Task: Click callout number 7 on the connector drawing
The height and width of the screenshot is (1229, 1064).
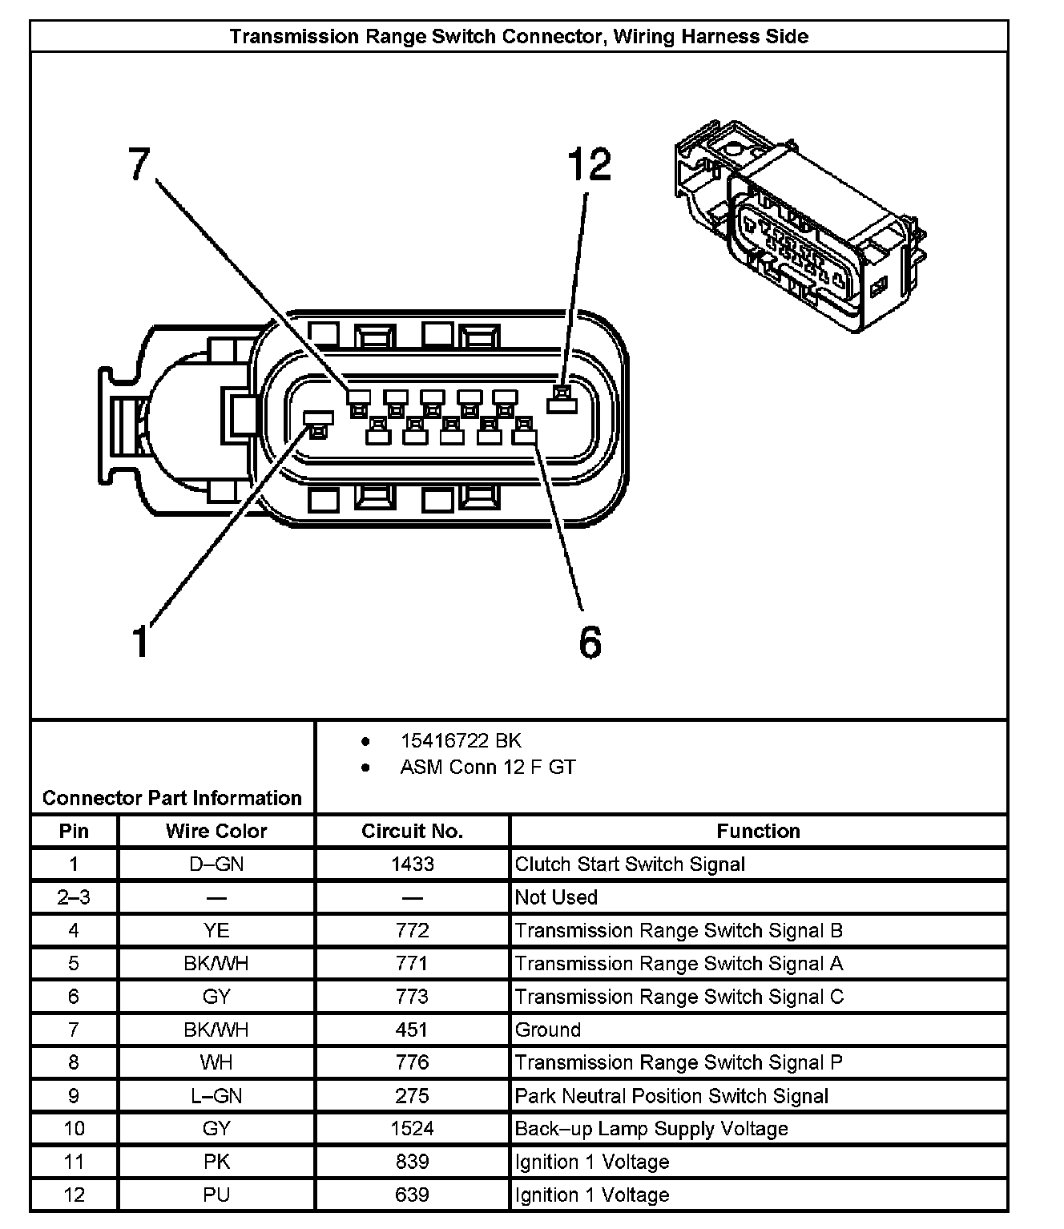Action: pyautogui.click(x=139, y=165)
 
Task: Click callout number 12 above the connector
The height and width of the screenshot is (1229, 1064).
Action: pyautogui.click(x=589, y=165)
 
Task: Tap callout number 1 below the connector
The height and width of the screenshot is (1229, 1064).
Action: pyautogui.click(x=141, y=642)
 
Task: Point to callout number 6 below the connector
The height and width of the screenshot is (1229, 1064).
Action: pyautogui.click(x=590, y=642)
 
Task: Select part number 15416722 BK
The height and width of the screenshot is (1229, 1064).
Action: pyautogui.click(x=461, y=740)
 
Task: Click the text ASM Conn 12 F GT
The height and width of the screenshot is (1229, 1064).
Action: pyautogui.click(x=487, y=767)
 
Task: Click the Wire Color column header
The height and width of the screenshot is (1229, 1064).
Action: pyautogui.click(x=216, y=831)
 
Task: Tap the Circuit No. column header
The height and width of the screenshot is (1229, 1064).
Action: pyautogui.click(x=412, y=831)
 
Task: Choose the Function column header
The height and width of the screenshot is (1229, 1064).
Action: pyautogui.click(x=758, y=831)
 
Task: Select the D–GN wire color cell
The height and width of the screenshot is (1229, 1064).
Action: pyautogui.click(x=216, y=864)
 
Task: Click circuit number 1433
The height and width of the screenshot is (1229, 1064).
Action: pyautogui.click(x=412, y=864)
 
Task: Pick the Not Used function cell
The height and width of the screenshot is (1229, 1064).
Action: pyautogui.click(x=556, y=897)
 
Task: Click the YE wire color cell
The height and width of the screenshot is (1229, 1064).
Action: pyautogui.click(x=216, y=930)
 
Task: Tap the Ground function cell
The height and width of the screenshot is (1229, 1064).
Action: pyautogui.click(x=548, y=1030)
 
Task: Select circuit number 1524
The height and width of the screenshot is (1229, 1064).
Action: pyautogui.click(x=412, y=1129)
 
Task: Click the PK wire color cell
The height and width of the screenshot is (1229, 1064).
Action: pyautogui.click(x=216, y=1162)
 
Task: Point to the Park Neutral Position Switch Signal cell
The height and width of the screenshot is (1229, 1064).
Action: pyautogui.click(x=671, y=1096)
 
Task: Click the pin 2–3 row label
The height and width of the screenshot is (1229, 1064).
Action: pyautogui.click(x=74, y=897)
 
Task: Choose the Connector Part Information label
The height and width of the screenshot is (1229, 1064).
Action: pyautogui.click(x=172, y=798)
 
